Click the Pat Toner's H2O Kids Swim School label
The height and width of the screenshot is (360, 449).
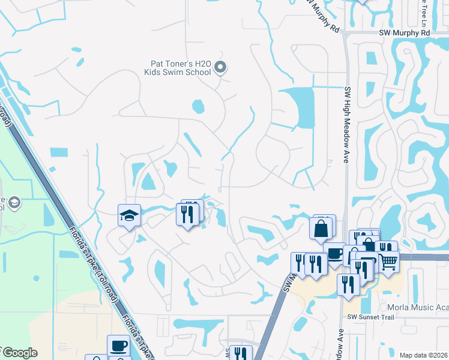[177, 67]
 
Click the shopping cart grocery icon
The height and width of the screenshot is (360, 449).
[388, 262]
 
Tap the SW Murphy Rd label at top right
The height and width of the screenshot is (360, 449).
[405, 34]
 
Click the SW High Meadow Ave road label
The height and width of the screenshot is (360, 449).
[346, 125]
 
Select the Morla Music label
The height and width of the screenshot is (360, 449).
[417, 307]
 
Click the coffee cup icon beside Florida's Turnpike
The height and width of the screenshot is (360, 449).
[118, 346]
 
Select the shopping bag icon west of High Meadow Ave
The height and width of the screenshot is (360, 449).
[321, 228]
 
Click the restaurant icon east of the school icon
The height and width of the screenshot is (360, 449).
[187, 214]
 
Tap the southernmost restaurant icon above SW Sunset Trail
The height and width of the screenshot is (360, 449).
[348, 284]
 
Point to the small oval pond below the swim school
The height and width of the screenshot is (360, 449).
[198, 107]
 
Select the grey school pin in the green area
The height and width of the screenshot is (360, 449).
[16, 203]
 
